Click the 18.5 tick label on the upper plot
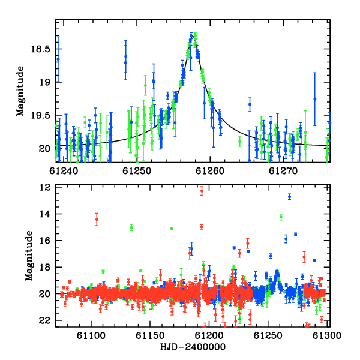(41, 49)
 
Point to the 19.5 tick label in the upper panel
(41, 115)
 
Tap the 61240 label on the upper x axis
(64, 171)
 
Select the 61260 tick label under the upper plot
(210, 171)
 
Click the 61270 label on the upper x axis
(283, 171)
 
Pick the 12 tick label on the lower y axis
(45, 187)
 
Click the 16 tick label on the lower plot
(45, 241)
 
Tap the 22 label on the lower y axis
(45, 320)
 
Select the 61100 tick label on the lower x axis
(91, 336)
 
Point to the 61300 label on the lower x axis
(327, 336)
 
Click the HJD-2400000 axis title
(193, 347)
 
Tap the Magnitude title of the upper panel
(20, 91)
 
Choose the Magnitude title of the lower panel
(29, 256)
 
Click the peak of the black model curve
(193, 36)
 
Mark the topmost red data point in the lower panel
(202, 191)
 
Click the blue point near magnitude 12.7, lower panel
(290, 197)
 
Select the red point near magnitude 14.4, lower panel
(97, 219)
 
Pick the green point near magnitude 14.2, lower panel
(281, 217)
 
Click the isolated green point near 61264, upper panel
(239, 141)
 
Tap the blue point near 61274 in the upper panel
(315, 99)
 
